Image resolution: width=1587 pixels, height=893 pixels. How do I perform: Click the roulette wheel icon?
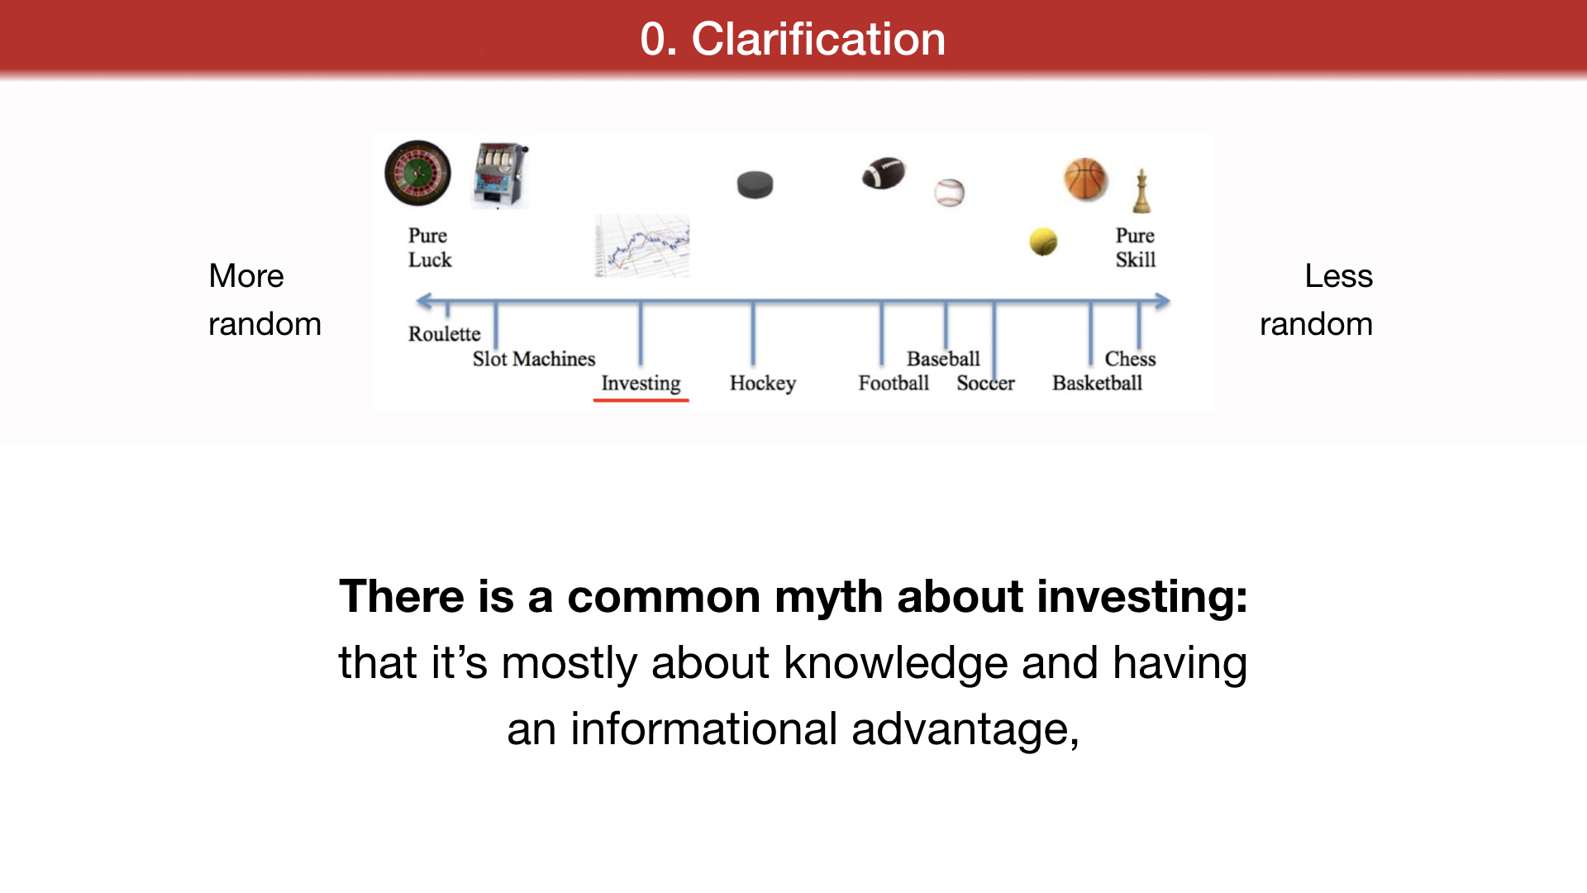tap(418, 173)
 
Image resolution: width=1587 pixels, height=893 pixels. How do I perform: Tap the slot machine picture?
tap(500, 175)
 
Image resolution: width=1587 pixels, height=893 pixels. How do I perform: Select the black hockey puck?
tap(755, 184)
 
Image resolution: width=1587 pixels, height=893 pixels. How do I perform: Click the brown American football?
tap(884, 173)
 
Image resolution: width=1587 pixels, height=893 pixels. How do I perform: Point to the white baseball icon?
tap(950, 193)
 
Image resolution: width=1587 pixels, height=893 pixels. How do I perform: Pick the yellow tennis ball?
tap(1043, 241)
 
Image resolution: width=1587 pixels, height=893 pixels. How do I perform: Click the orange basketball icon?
tap(1085, 179)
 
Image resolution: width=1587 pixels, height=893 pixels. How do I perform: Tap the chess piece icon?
tap(1141, 191)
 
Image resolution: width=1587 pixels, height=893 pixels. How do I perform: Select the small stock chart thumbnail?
tap(642, 246)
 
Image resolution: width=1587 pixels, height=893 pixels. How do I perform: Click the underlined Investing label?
tap(641, 383)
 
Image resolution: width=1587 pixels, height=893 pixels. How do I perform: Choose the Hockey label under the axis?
tap(762, 383)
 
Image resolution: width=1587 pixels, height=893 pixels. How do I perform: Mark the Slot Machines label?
tap(534, 359)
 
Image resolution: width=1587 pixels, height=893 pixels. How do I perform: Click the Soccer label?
tap(985, 383)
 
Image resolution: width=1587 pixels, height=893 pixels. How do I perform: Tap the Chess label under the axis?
tap(1130, 359)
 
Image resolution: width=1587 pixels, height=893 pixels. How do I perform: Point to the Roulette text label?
tap(444, 334)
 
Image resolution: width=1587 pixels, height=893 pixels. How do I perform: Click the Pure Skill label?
tap(1136, 247)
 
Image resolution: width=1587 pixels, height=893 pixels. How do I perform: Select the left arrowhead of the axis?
tap(423, 302)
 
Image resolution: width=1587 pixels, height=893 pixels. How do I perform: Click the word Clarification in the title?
tap(818, 39)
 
